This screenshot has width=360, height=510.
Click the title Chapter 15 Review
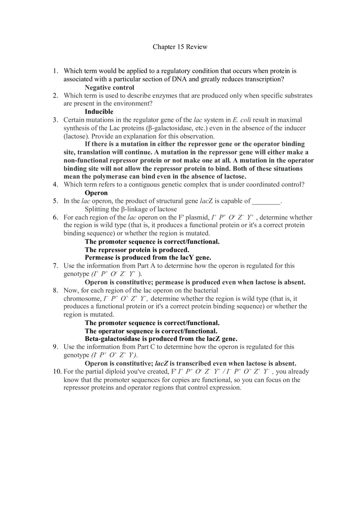click(180, 47)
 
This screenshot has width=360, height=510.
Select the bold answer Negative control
click(109, 87)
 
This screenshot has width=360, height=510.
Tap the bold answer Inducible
click(99, 111)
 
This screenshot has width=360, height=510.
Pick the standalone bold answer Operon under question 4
click(96, 193)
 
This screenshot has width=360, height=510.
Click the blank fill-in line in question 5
click(266, 201)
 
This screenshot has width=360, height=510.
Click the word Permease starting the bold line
click(99, 258)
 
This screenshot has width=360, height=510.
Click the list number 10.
click(57, 371)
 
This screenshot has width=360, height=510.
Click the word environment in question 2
click(130, 103)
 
